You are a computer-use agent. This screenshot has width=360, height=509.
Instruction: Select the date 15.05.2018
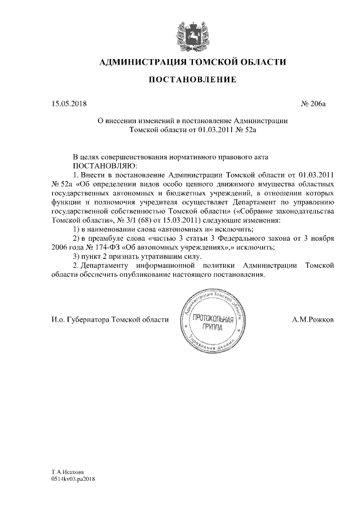point(69,103)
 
